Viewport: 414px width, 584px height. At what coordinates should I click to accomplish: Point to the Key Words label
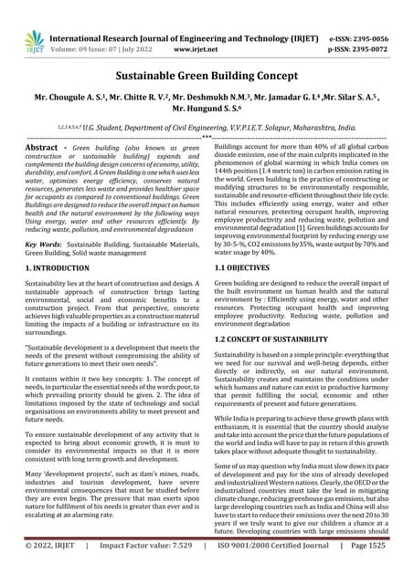coord(42,245)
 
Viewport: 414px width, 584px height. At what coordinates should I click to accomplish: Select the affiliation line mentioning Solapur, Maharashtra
coord(207,130)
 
